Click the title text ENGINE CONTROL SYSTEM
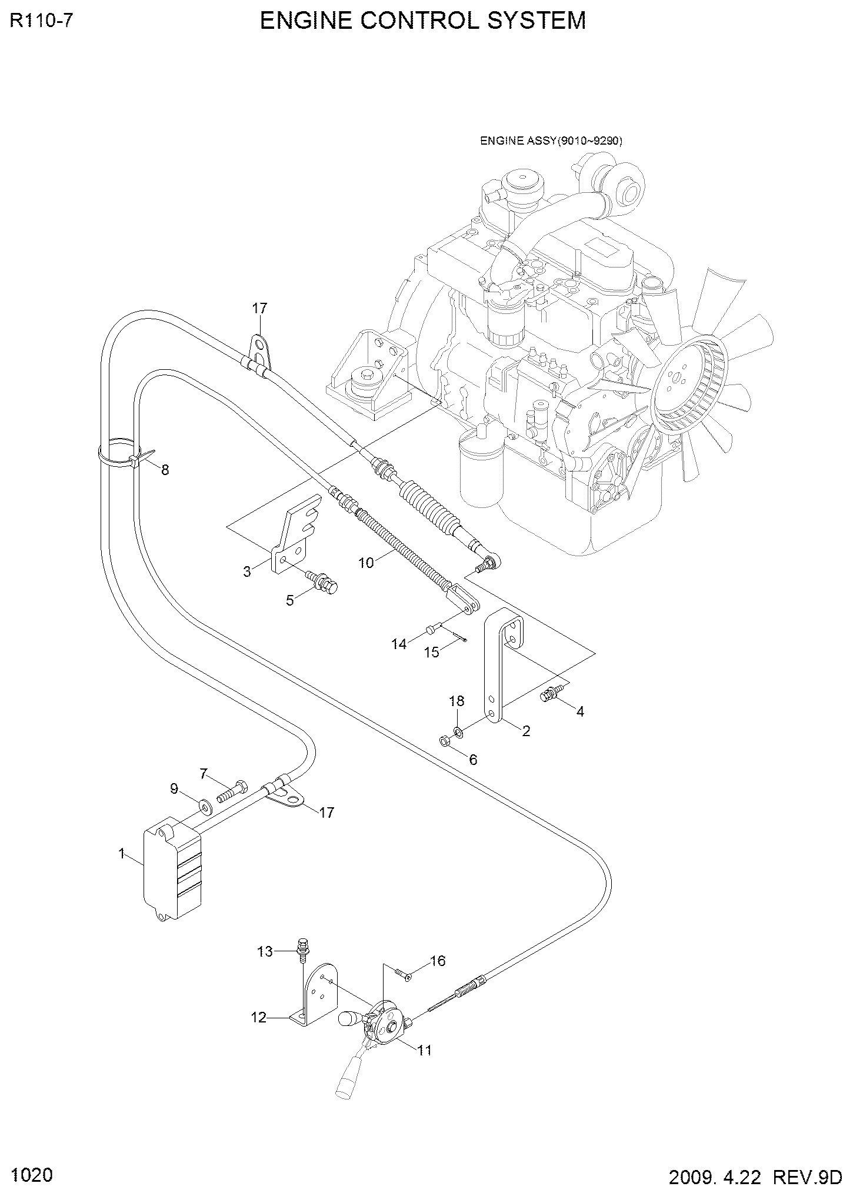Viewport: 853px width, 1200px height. [423, 21]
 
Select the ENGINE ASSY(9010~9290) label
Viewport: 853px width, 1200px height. [551, 141]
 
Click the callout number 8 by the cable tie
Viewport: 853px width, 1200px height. [165, 470]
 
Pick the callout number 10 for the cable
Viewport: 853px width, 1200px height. [366, 563]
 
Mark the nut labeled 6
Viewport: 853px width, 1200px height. [445, 740]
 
